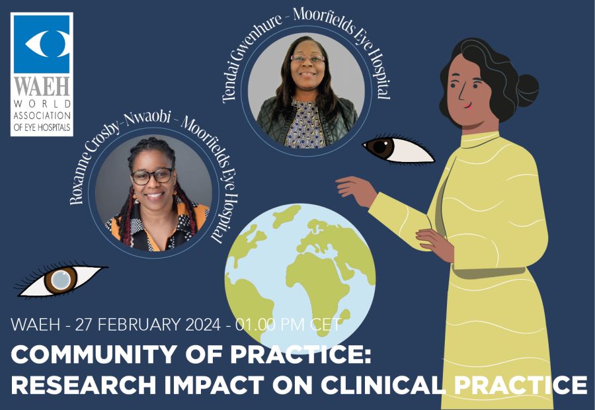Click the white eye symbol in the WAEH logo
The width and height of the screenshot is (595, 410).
coord(47,43)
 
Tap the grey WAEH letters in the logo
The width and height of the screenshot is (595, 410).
coord(42,87)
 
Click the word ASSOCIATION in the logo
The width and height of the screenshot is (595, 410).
coord(42,116)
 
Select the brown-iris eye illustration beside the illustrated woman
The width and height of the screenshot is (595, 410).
coord(398,149)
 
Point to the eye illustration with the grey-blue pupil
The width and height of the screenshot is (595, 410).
coord(60,280)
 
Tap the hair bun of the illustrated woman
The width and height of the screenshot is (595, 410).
coord(527,91)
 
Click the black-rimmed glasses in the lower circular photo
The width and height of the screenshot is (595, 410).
coord(152,176)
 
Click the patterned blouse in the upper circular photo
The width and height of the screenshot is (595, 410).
coord(305,124)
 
